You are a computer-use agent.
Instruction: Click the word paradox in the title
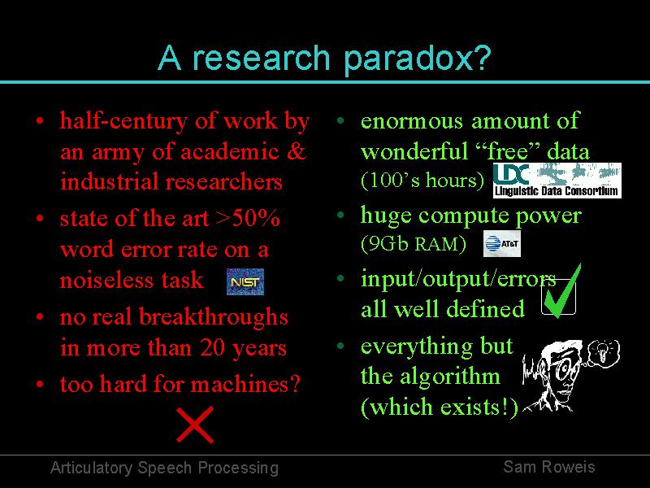tap(417, 59)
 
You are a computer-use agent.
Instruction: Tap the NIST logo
tap(245, 281)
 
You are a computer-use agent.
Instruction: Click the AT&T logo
tap(501, 243)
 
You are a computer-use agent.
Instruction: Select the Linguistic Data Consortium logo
tap(557, 180)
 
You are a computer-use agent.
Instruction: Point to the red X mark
tap(195, 425)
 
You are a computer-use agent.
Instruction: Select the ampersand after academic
tap(296, 151)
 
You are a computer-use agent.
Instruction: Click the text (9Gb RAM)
tap(414, 244)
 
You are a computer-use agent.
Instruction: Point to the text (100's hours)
tap(422, 181)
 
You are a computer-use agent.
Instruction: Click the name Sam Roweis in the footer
tap(549, 467)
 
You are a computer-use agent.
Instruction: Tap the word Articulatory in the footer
tap(91, 468)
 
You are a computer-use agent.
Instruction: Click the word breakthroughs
tap(213, 317)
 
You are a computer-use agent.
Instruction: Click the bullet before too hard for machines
tap(40, 384)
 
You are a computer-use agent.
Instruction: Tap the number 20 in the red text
tap(213, 348)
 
